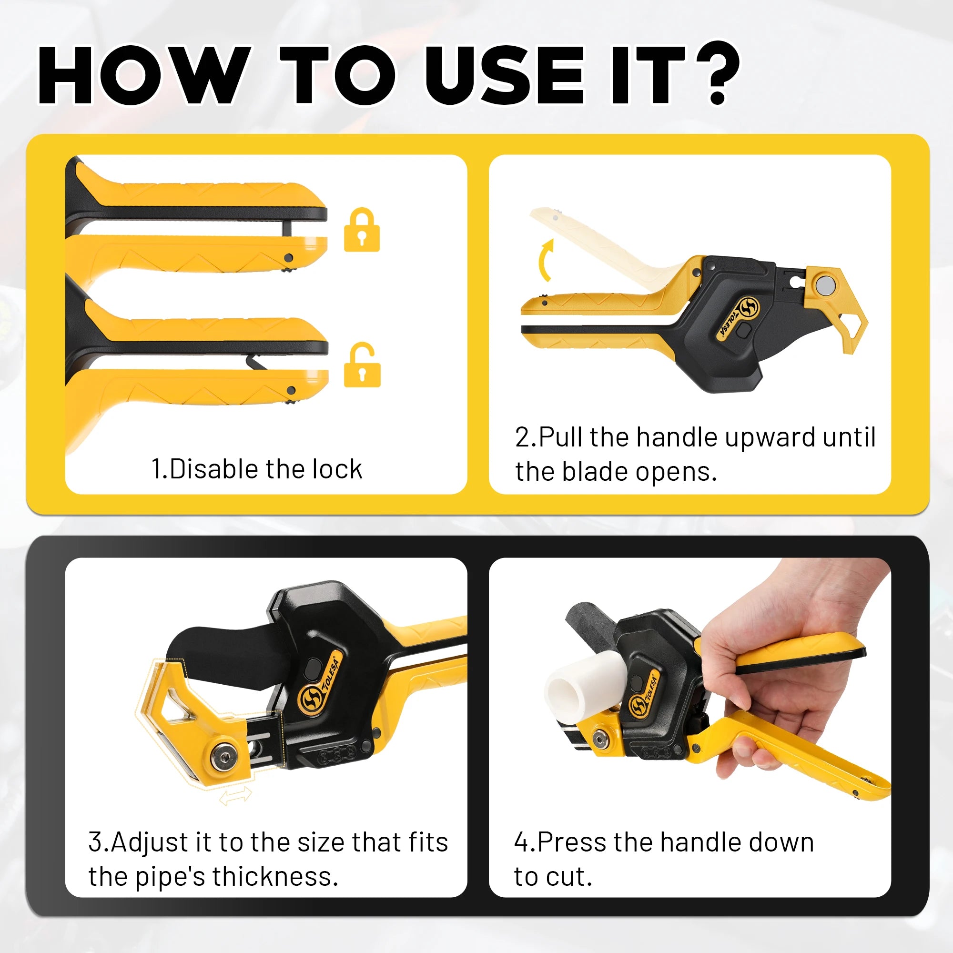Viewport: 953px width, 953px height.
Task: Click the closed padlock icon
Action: pyautogui.click(x=362, y=229)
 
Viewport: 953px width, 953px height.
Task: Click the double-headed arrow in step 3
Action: pyautogui.click(x=235, y=796)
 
